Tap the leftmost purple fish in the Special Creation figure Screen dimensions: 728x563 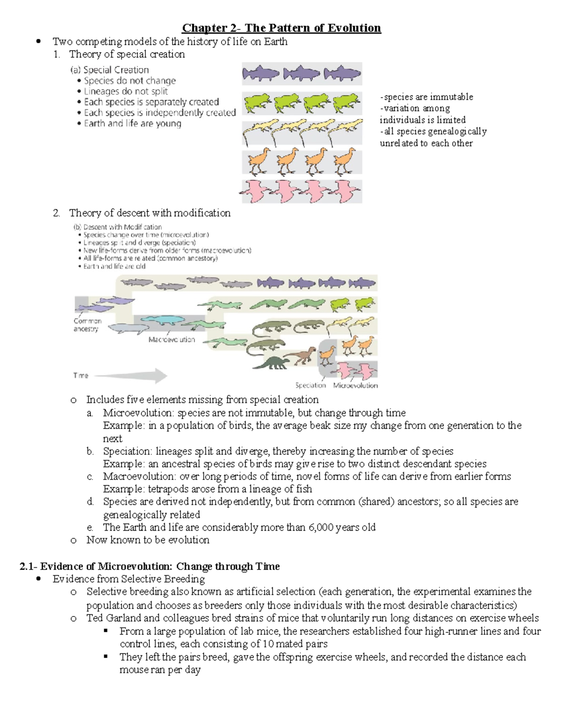[260, 74]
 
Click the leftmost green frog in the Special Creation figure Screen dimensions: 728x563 [257, 103]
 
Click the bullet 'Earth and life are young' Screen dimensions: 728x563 [132, 124]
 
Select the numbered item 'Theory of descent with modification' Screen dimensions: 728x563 [150, 213]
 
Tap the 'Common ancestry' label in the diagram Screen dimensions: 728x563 [87, 325]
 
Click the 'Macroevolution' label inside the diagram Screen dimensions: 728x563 [171, 339]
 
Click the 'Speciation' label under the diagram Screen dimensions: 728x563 [310, 385]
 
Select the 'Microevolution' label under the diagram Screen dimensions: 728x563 [355, 385]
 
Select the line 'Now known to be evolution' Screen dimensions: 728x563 [148, 540]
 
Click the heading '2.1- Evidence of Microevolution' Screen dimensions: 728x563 [149, 566]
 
